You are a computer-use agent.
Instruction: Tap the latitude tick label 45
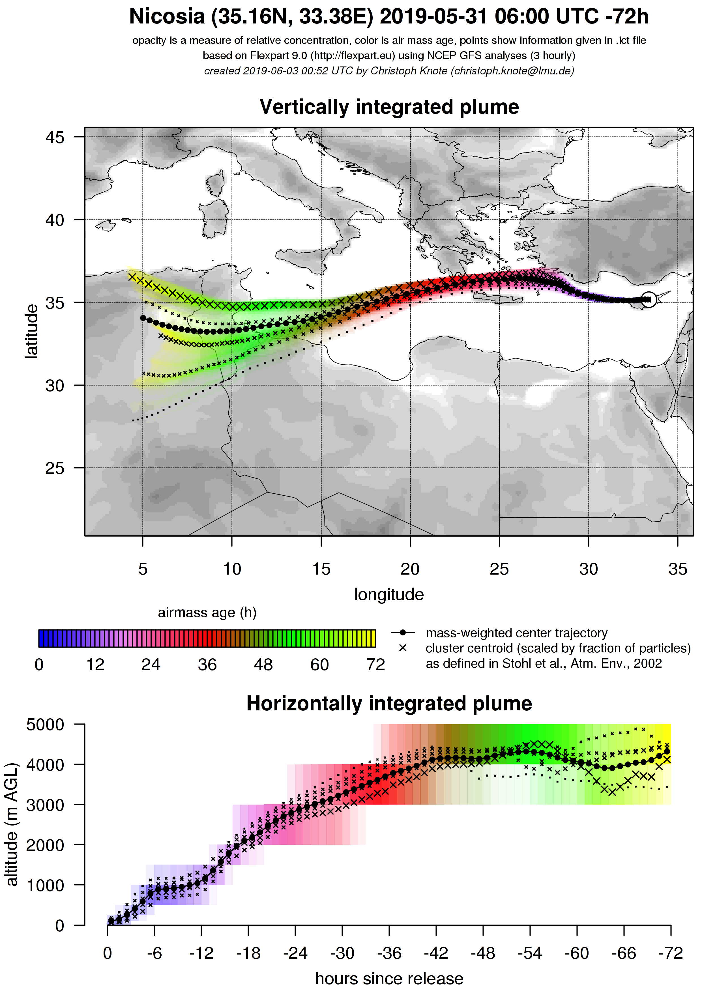click(x=55, y=137)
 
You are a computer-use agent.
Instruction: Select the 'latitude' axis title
click(x=31, y=331)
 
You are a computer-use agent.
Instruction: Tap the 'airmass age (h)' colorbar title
click(x=207, y=613)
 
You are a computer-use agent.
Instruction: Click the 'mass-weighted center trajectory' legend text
click(x=516, y=633)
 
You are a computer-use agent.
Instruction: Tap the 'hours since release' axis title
click(x=389, y=978)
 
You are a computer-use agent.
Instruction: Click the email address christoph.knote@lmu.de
click(x=512, y=71)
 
